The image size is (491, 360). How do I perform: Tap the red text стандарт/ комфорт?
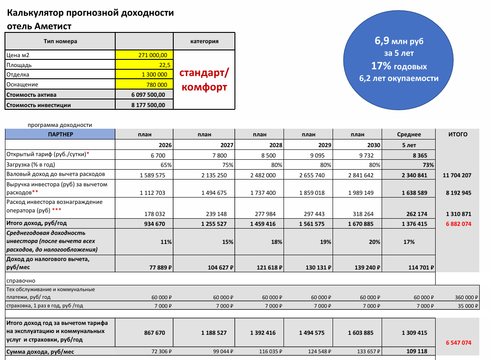(x=204, y=80)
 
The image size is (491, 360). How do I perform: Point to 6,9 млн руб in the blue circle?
(x=399, y=41)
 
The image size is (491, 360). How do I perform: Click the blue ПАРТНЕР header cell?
(x=60, y=134)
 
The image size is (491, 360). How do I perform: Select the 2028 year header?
(x=275, y=145)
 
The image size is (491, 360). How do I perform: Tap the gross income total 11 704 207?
(x=458, y=175)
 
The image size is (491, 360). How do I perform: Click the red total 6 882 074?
(x=458, y=224)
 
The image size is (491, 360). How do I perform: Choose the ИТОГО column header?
(x=458, y=134)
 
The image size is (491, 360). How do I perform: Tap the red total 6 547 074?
(x=459, y=342)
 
